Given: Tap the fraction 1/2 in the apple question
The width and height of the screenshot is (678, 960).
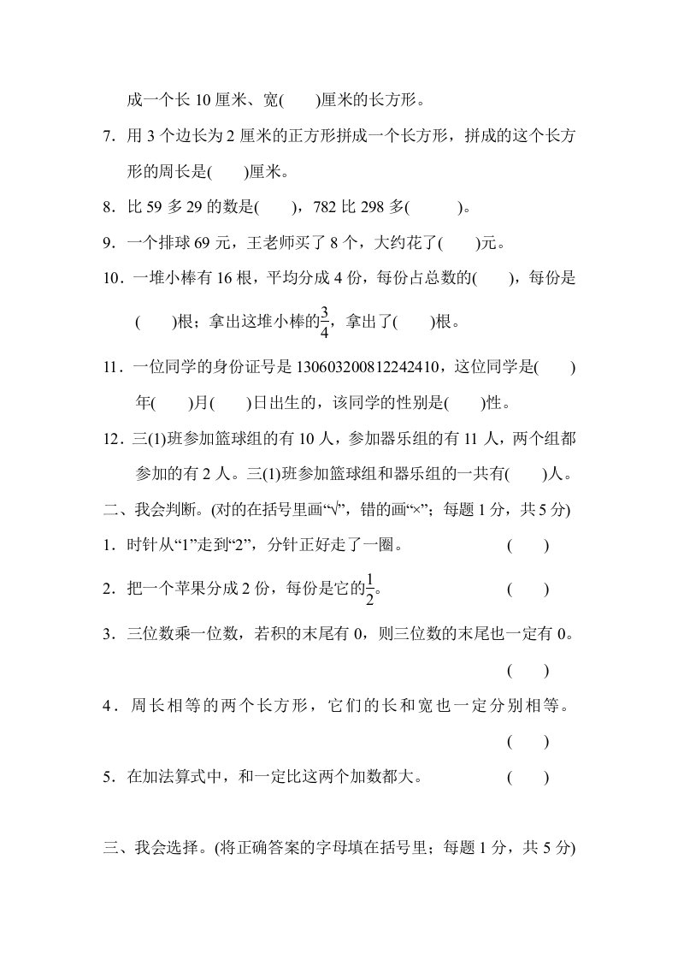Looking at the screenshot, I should tap(370, 589).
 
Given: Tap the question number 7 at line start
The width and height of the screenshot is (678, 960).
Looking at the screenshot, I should tap(107, 136).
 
